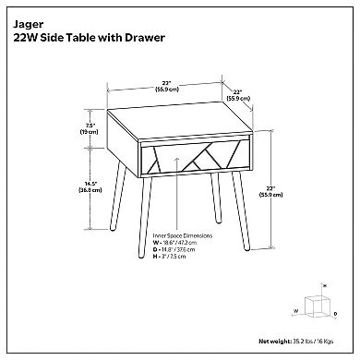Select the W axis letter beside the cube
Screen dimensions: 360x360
(x=296, y=311)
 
